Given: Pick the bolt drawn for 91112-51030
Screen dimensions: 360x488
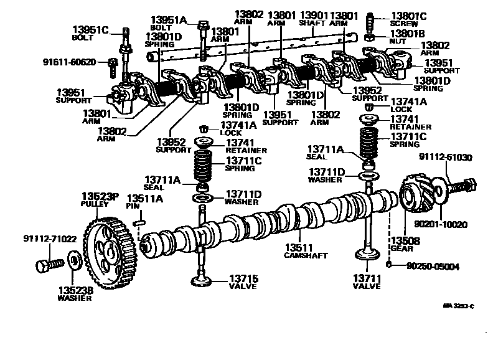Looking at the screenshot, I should [464, 186].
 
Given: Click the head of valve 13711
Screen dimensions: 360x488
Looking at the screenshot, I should [367, 255].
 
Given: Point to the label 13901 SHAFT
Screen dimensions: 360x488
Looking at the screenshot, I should [313, 19].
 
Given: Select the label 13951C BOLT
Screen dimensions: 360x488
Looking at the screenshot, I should [90, 33].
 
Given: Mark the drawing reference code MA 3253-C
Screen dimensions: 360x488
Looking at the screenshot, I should [458, 306].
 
